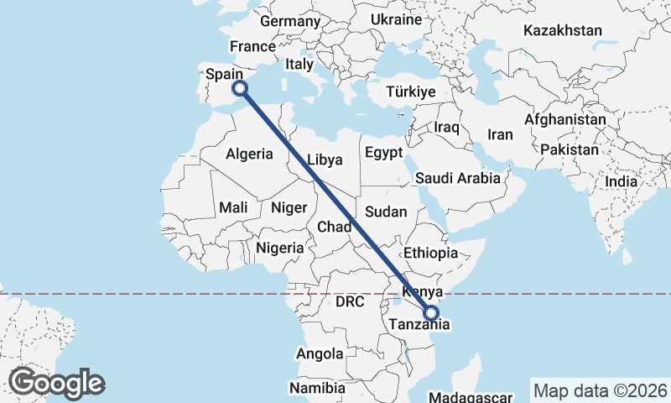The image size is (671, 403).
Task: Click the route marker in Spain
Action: coord(239,87)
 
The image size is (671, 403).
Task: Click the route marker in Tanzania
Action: coord(431,314)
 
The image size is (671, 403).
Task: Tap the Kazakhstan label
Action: coord(563,30)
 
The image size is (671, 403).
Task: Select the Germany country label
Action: coord(291,21)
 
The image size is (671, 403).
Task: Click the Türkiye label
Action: coord(411,92)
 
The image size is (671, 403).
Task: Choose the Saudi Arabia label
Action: coord(458,178)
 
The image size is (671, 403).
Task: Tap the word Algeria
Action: coord(249,154)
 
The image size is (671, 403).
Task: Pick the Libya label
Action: coord(324,159)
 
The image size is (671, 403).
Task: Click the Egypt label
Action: coord(383,153)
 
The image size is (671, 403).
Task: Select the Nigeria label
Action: coord(279,248)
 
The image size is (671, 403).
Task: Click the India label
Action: coord(622,181)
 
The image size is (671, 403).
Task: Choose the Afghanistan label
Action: coord(564,120)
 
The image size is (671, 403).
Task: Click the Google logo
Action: coord(56,383)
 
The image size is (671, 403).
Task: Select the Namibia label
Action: coord(317,388)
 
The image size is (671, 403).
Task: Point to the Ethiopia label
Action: coord(430,253)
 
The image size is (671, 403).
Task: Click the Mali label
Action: coord(232,207)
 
